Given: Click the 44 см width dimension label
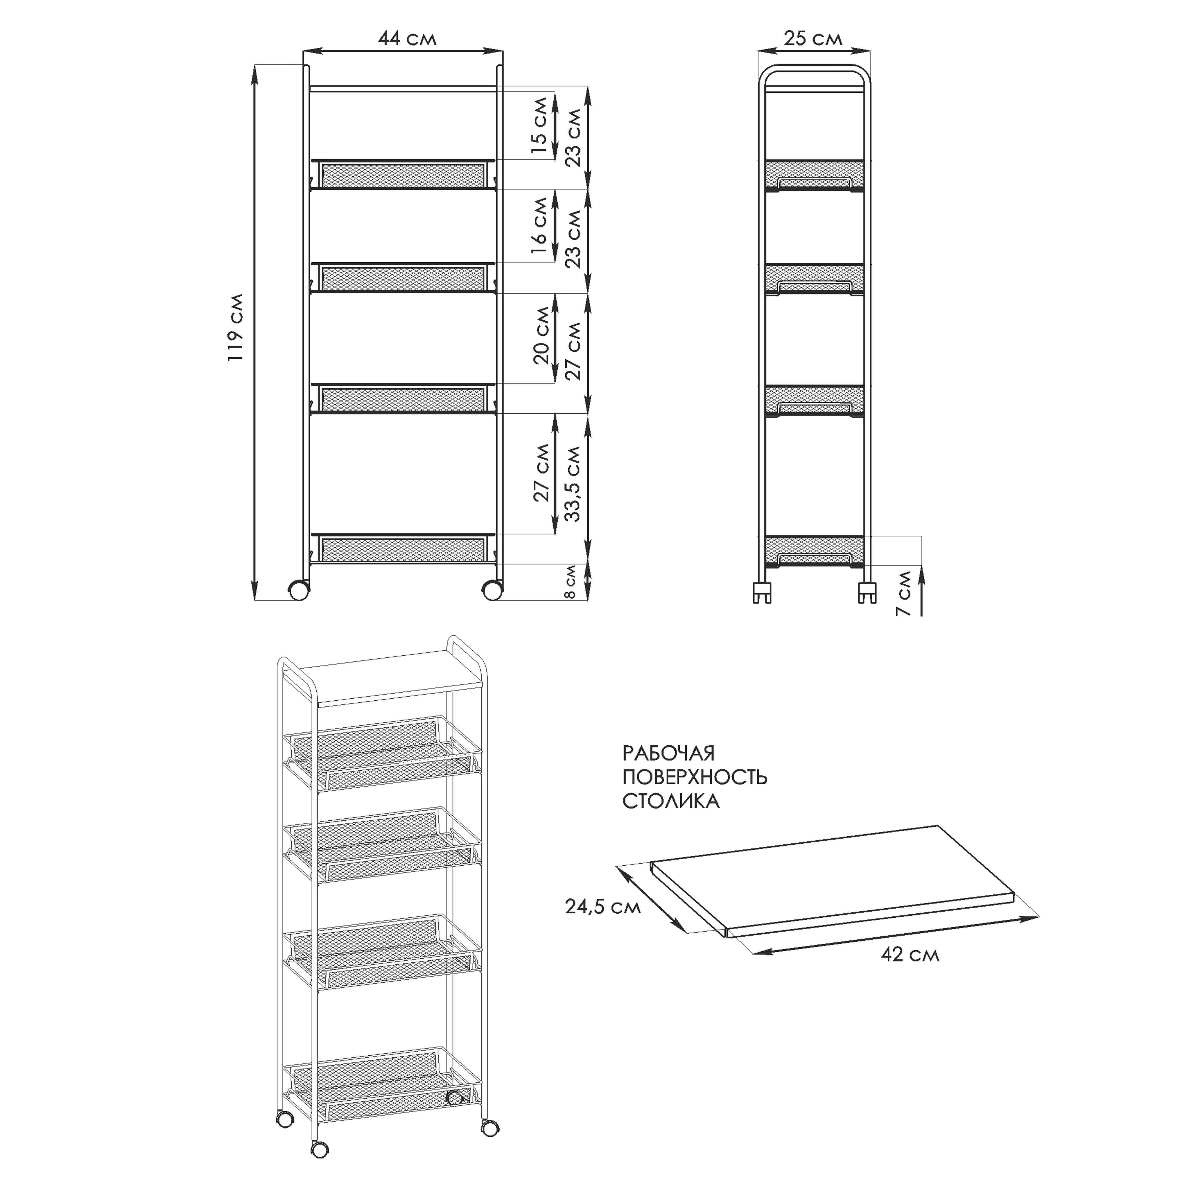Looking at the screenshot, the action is (408, 38).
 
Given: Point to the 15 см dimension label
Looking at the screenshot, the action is (539, 125).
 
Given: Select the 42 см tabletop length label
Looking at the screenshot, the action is (910, 955).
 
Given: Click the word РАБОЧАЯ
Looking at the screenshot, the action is (668, 753).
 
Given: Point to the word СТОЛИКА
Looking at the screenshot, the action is (671, 801).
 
